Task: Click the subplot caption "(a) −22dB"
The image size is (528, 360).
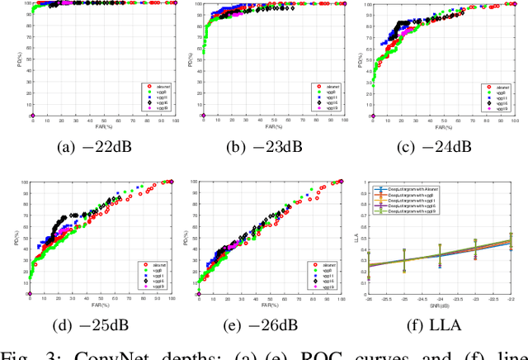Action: point(104,147)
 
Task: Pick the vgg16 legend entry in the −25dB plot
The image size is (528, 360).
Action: point(154,282)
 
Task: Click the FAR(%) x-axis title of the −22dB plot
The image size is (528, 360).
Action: point(104,126)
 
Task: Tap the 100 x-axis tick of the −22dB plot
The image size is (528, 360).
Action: point(174,121)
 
